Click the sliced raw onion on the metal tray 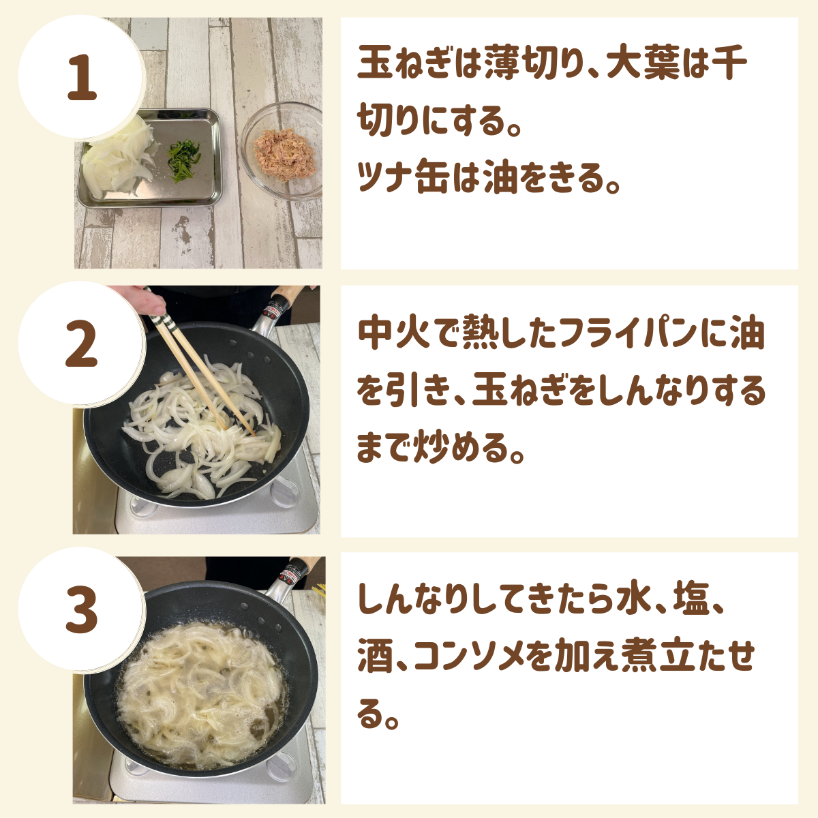(117, 160)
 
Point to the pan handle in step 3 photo (293, 574)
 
